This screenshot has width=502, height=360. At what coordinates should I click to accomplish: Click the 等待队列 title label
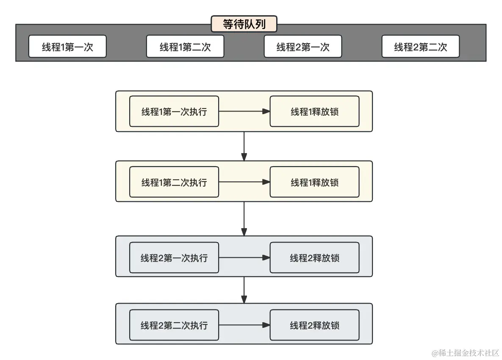click(x=244, y=24)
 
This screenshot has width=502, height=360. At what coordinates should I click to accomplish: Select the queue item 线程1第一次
click(x=67, y=47)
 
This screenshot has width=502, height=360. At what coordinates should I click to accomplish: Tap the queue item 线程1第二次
click(x=185, y=47)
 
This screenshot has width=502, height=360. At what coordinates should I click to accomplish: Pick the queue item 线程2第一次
click(x=302, y=47)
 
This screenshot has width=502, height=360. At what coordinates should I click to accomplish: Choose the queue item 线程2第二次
click(x=420, y=47)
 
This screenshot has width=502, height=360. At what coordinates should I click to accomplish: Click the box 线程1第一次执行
click(x=174, y=112)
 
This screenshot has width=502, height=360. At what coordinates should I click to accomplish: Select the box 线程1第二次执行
click(x=174, y=182)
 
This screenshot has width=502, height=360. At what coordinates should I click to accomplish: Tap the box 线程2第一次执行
click(x=174, y=258)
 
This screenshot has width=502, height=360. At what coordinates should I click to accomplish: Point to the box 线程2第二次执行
click(x=174, y=325)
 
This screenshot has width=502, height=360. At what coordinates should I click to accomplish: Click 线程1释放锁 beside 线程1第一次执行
click(x=314, y=112)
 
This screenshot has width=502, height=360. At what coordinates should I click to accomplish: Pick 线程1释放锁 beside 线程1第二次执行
click(x=314, y=182)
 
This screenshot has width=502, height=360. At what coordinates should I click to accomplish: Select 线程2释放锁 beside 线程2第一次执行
click(x=314, y=258)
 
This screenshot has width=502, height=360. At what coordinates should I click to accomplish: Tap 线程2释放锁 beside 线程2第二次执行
click(x=314, y=325)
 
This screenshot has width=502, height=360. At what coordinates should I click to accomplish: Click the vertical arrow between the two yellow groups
click(x=244, y=146)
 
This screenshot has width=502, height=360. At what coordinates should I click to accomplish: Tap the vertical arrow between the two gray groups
click(x=244, y=290)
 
